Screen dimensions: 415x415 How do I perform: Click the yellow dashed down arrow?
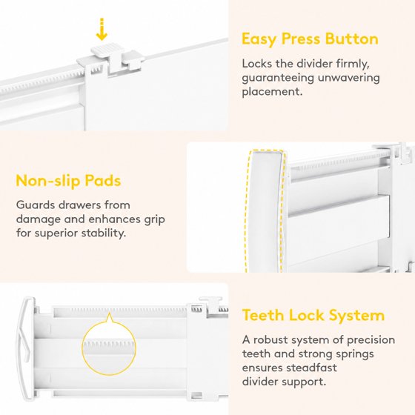[x=102, y=30]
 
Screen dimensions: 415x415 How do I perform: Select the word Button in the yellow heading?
[x=352, y=39]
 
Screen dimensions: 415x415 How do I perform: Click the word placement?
[x=272, y=92]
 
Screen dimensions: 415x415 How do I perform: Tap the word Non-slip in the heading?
[x=48, y=181]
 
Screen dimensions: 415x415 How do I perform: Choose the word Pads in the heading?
[x=103, y=181]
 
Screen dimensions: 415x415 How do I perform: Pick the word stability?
[x=103, y=233]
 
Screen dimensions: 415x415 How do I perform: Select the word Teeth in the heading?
[x=262, y=315]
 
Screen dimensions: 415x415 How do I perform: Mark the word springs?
[x=353, y=354]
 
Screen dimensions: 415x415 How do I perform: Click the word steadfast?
[x=311, y=368]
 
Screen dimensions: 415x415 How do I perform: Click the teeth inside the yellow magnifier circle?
[x=109, y=345]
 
